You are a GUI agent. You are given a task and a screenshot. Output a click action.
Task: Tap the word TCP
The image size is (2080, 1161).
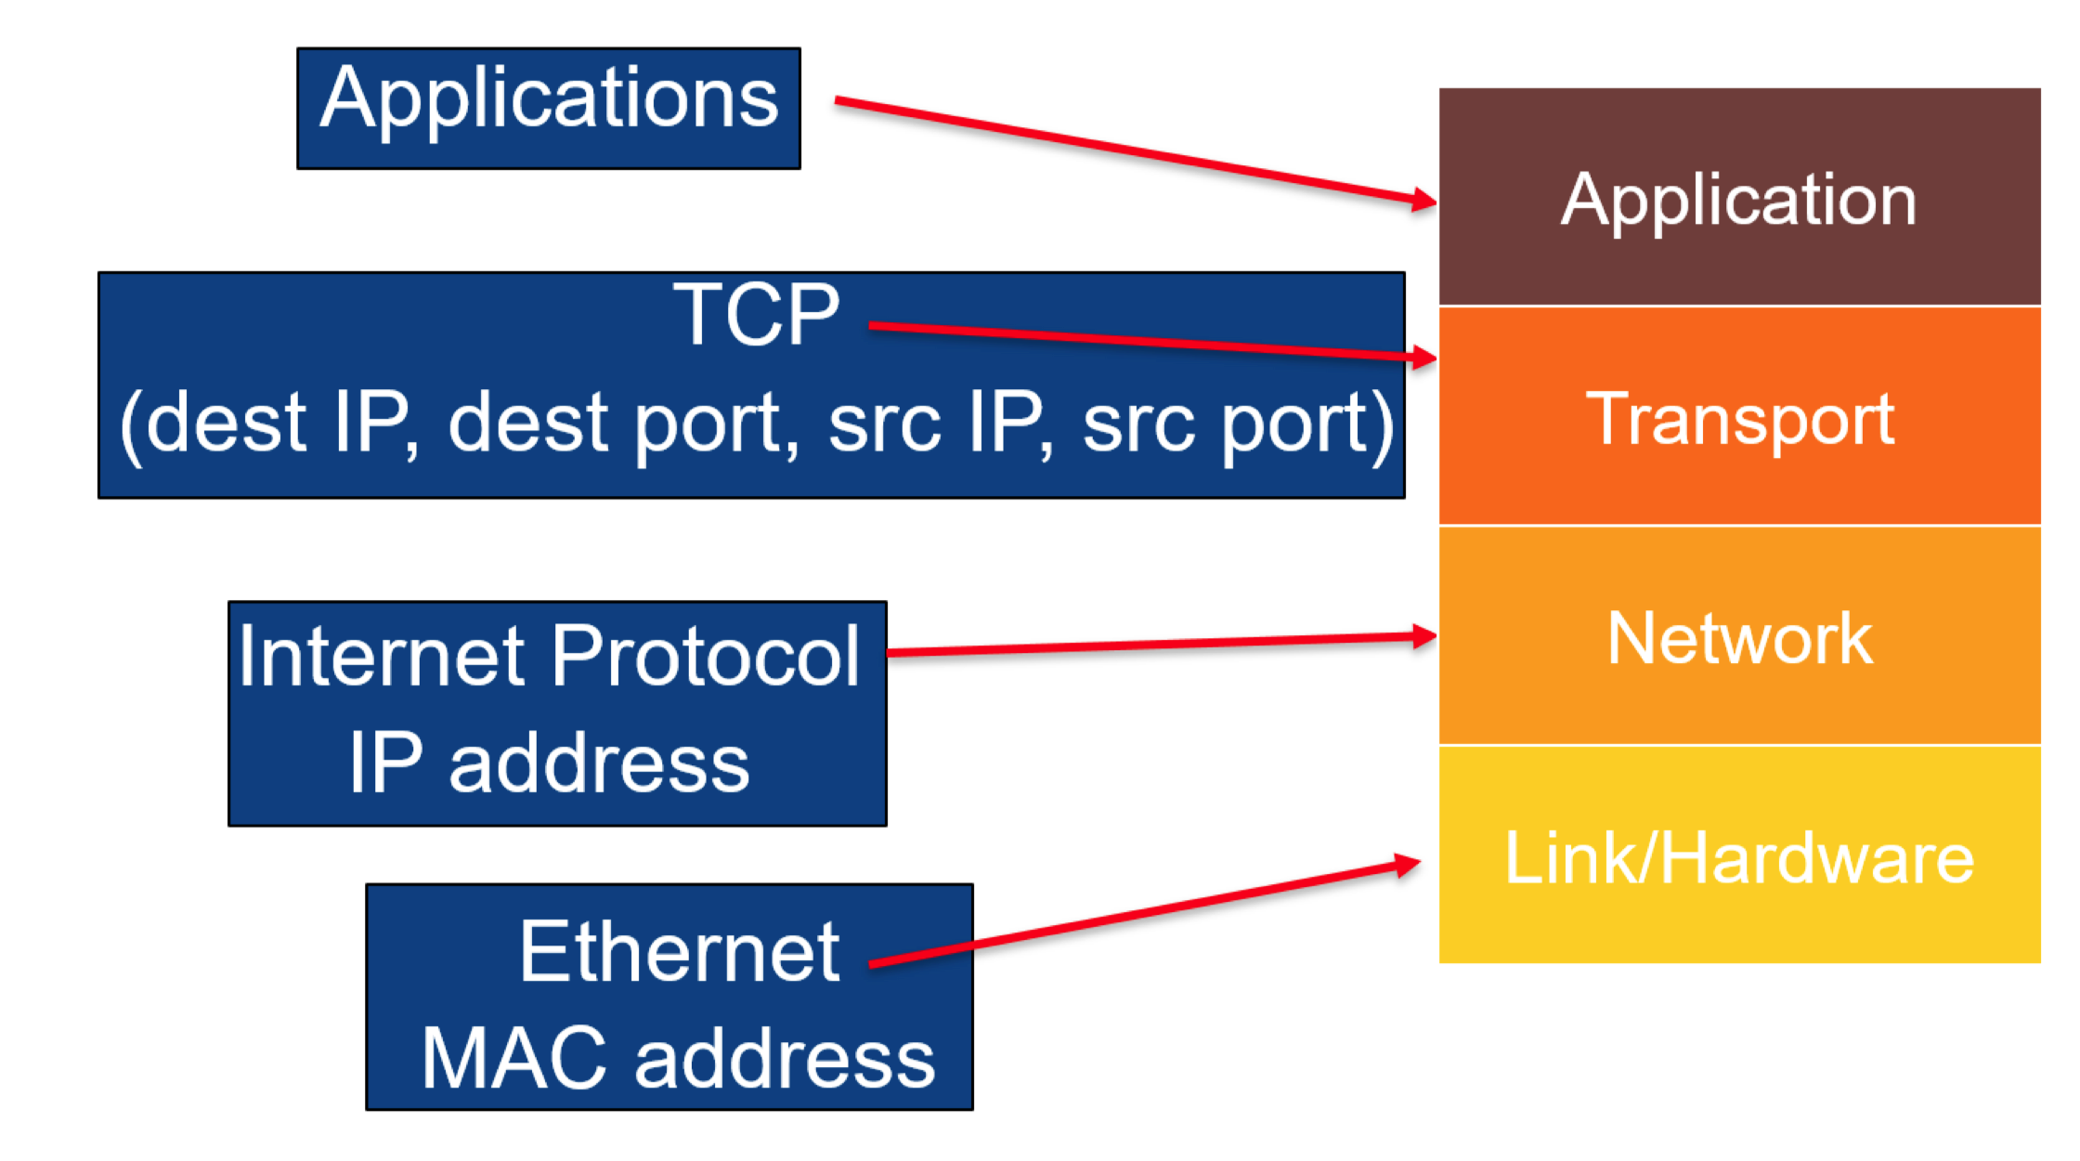[x=756, y=315]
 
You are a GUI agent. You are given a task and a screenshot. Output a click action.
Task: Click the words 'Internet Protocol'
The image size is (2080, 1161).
[x=549, y=657]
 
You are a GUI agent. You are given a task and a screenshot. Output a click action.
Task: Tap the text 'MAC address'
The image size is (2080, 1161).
[x=678, y=1058]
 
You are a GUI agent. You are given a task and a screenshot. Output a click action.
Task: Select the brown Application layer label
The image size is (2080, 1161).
[x=1738, y=199]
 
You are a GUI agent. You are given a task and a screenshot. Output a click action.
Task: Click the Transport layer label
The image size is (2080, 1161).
[x=1739, y=421]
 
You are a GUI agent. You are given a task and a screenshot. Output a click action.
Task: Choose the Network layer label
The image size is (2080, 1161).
[x=1739, y=638]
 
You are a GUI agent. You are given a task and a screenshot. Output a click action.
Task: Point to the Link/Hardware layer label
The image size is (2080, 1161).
[x=1739, y=857]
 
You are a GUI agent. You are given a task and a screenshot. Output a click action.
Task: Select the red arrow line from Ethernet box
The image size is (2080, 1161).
[x=1145, y=915]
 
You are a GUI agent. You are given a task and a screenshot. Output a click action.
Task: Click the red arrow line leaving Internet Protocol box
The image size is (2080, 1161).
[x=1162, y=644]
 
